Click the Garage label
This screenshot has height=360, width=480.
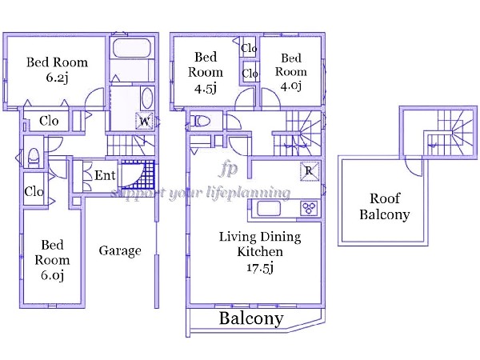click(x=120, y=251)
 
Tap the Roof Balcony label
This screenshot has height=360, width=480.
click(x=385, y=206)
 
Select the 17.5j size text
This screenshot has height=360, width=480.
click(x=260, y=268)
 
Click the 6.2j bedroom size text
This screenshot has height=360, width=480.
click(x=57, y=78)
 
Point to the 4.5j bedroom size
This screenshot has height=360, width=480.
click(x=206, y=89)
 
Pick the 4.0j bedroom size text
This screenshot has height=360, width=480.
click(x=291, y=86)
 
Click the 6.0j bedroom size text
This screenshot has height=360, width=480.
click(x=52, y=275)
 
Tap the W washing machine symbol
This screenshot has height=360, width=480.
click(x=144, y=122)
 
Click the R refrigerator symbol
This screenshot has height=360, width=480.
click(x=309, y=170)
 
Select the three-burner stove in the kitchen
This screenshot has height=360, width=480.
click(x=309, y=209)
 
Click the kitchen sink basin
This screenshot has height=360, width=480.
click(x=269, y=209)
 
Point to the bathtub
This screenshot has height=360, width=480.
click(x=132, y=48)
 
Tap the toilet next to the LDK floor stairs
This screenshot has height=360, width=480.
click(x=201, y=122)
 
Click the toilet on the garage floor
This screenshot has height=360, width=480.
click(x=34, y=158)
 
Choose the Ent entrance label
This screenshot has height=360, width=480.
click(x=105, y=175)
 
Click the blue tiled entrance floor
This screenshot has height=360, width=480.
click(x=138, y=174)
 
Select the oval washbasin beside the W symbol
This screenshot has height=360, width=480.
click(x=147, y=98)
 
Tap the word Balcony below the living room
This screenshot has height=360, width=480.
click(x=251, y=318)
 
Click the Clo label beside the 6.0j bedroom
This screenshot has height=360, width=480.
click(x=34, y=192)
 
